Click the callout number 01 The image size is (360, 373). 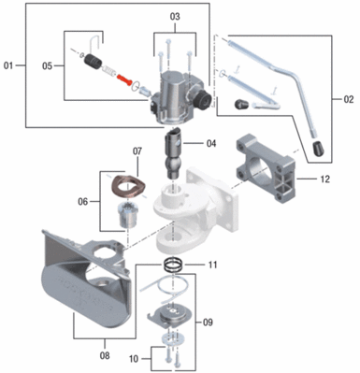pyautogui.click(x=8, y=65)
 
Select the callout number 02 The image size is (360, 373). pyautogui.click(x=349, y=99)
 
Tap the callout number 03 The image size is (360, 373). pyautogui.click(x=175, y=17)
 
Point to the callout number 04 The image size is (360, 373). pyautogui.click(x=210, y=143)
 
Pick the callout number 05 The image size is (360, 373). pyautogui.click(x=48, y=66)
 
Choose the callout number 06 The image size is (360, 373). pyautogui.click(x=83, y=202)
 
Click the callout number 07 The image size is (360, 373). pyautogui.click(x=137, y=151)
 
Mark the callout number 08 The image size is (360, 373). pyautogui.click(x=105, y=355)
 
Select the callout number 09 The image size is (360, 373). pyautogui.click(x=208, y=322)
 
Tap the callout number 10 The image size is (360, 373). pyautogui.click(x=134, y=359)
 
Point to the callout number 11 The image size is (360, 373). pyautogui.click(x=212, y=265)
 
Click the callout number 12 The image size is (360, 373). pyautogui.click(x=324, y=179)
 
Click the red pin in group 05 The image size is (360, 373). pyautogui.click(x=124, y=79)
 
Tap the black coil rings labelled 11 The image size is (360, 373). pyautogui.click(x=174, y=265)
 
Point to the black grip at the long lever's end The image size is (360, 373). pyautogui.click(x=318, y=149)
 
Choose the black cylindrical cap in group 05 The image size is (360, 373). pyautogui.click(x=93, y=62)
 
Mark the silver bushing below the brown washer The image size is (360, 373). pyautogui.click(x=127, y=215)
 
